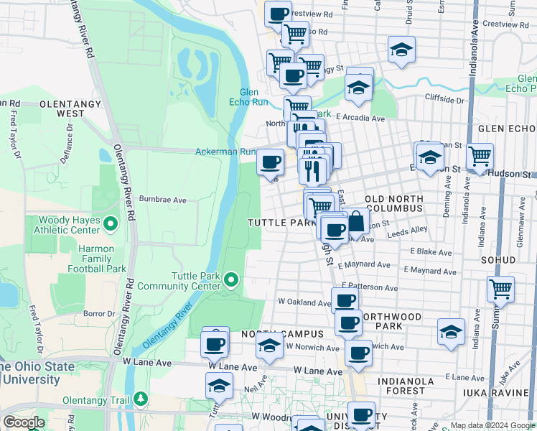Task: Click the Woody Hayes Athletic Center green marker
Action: point(110,225)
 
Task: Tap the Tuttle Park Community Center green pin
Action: point(230,279)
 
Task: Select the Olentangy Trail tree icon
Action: point(141,399)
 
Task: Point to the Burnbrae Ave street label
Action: point(162,199)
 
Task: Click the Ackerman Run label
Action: point(225,152)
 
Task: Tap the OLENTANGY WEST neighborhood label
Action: point(71,108)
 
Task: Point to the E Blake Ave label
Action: point(431,253)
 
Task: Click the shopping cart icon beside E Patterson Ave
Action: point(501,289)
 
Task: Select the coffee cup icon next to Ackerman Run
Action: point(271,162)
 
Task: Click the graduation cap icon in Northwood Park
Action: point(451,332)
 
